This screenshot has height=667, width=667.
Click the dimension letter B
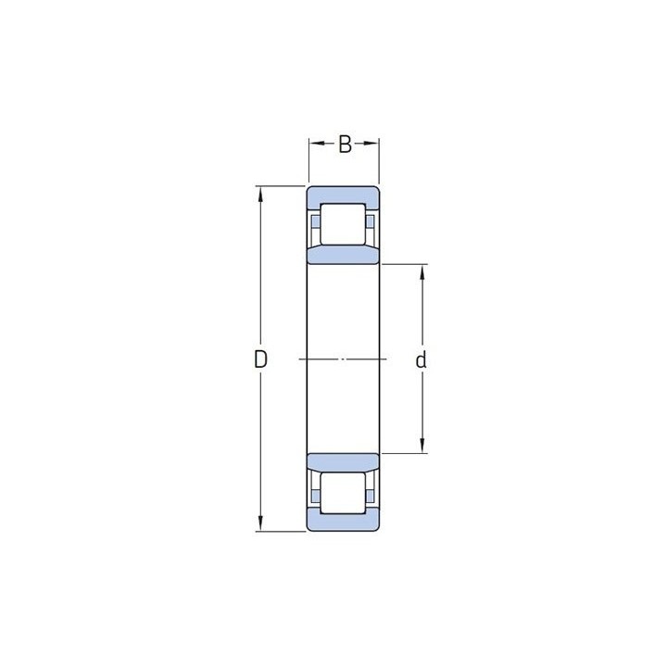345,145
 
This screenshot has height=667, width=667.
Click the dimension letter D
260,359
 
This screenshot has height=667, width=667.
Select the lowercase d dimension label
421,359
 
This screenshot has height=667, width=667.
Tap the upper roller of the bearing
343,224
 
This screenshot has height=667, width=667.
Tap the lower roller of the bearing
343,493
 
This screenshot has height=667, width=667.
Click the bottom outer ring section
343,521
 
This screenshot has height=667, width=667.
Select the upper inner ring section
343,256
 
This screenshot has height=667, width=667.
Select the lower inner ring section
343,461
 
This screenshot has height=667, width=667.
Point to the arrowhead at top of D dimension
260,193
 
